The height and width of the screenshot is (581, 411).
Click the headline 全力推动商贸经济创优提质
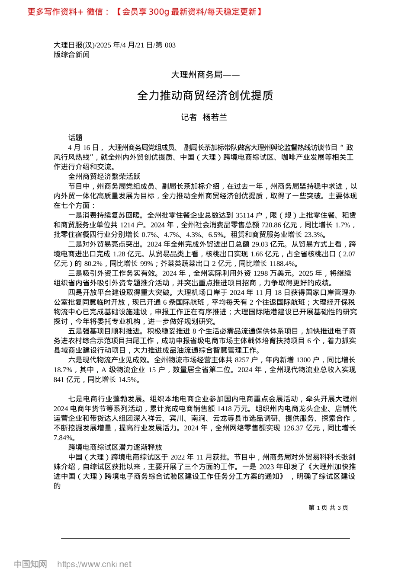click(205, 96)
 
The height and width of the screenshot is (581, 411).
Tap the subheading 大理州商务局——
click(205, 75)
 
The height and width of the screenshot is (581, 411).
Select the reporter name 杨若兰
click(215, 117)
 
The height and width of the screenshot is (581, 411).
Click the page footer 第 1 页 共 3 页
click(328, 508)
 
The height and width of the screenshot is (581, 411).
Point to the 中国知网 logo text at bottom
click(30, 564)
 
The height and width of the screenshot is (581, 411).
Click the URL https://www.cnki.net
click(94, 564)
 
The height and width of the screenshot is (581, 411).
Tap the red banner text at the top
click(145, 12)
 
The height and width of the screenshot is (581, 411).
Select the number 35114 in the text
click(244, 215)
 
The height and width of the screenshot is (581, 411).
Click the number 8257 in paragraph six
click(242, 360)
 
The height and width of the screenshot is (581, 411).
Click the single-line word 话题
click(75, 138)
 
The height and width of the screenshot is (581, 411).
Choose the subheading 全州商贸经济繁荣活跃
click(104, 176)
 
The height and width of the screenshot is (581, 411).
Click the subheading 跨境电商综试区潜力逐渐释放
click(115, 447)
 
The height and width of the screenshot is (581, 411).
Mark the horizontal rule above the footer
click(205, 538)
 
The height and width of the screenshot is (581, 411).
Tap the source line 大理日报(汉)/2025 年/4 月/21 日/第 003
click(115, 45)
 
